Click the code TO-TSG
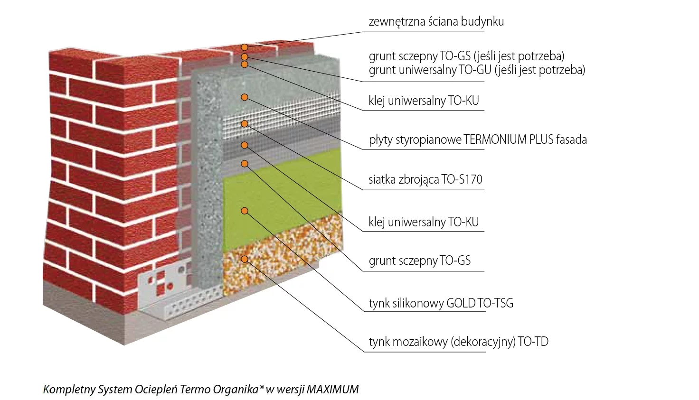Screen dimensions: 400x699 coord(496,303)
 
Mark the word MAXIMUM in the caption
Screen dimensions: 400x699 coord(332,390)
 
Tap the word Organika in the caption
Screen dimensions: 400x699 coord(235,390)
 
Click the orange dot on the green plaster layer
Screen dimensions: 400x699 coord(245,211)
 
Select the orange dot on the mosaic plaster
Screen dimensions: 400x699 coord(245,259)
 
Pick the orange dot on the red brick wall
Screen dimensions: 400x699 coord(244,47)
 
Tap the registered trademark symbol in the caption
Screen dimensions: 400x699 coord(262,387)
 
